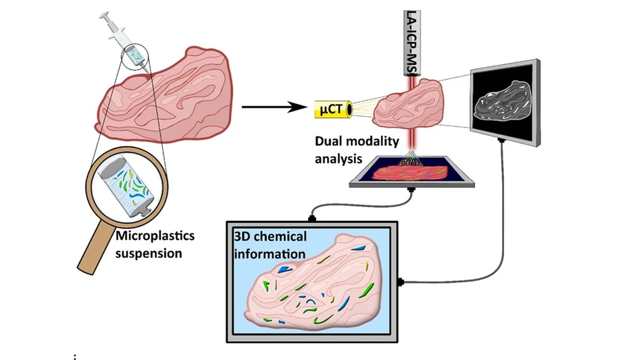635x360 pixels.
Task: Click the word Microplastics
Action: click(x=153, y=236)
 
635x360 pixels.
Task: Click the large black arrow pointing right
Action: click(x=270, y=106)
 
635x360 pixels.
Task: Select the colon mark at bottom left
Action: click(x=74, y=356)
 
